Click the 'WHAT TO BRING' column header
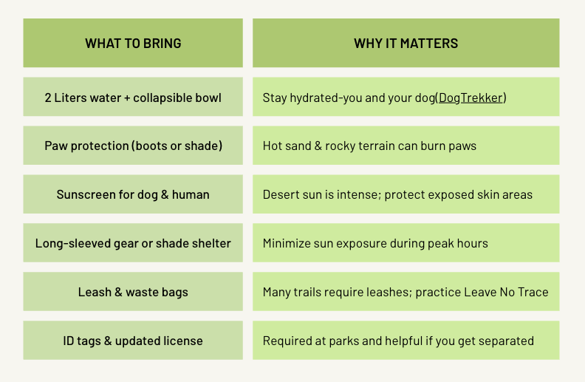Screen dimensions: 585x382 coord(133,43)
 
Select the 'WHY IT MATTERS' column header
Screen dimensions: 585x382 coord(406,43)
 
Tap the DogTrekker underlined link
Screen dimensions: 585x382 coord(471,98)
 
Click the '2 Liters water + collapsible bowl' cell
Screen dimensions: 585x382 coord(133,97)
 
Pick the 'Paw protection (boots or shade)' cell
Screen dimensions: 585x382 coord(133,146)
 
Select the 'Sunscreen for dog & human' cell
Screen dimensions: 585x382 coord(133,194)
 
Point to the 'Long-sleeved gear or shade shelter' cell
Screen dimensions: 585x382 coord(133,243)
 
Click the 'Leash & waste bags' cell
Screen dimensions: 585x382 coord(133,291)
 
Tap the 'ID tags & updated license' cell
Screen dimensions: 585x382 coord(133,340)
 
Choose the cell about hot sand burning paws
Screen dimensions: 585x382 coord(406,146)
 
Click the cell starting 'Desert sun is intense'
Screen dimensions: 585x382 coord(406,194)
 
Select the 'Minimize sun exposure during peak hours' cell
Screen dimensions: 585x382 coord(406,243)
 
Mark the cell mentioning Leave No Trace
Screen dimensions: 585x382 coord(406,291)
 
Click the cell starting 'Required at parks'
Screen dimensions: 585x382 coord(406,340)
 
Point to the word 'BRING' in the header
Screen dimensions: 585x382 coord(162,44)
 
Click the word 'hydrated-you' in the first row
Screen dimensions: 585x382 coord(326,98)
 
